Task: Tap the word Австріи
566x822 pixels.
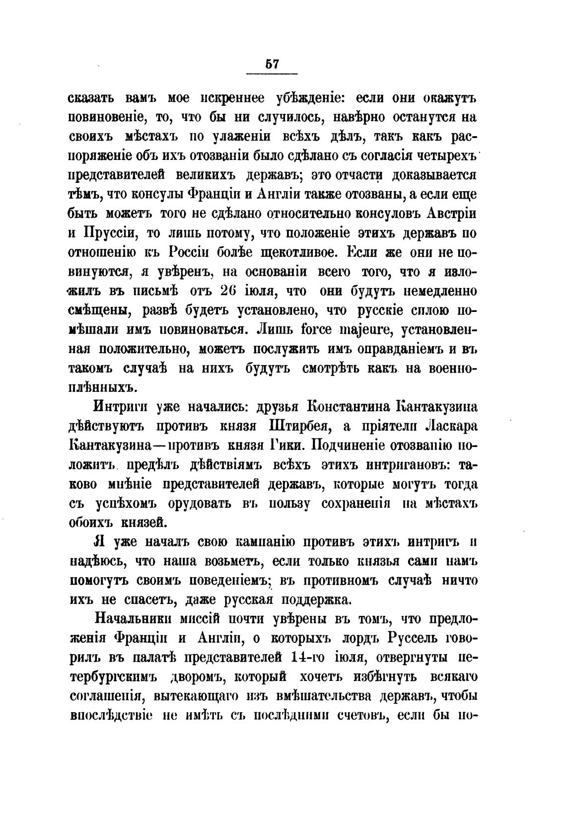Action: [452, 214]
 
